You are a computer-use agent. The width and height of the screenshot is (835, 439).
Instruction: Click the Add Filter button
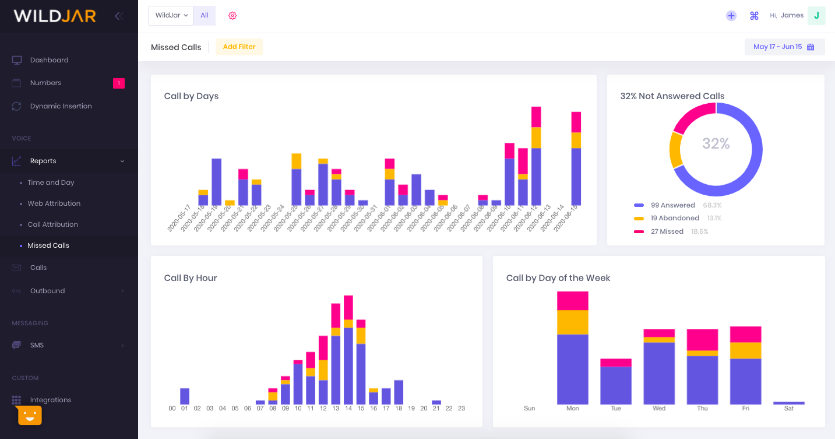coord(239,47)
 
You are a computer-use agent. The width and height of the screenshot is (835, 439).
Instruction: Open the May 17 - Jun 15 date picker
coord(784,47)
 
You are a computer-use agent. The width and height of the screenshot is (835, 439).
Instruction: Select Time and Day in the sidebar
coord(51,182)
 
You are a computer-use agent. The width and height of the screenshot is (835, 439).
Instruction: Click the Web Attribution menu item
coord(54,203)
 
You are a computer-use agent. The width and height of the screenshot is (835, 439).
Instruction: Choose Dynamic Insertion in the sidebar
coord(61,106)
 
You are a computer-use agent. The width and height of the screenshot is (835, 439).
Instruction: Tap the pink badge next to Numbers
coord(118,83)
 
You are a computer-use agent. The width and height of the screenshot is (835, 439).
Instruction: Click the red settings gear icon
coord(232,16)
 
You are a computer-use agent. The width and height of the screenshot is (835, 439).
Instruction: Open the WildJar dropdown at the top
coord(171,16)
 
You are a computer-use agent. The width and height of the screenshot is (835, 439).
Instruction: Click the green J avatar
coord(816,16)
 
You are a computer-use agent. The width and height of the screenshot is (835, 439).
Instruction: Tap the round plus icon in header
coord(731,16)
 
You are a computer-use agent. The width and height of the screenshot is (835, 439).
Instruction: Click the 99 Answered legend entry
coord(672,205)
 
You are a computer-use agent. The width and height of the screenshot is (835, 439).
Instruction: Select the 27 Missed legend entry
coord(667,231)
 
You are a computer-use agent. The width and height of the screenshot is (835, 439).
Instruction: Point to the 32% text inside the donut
coord(716,143)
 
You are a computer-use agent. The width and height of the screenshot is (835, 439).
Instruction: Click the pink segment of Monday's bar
coord(572,301)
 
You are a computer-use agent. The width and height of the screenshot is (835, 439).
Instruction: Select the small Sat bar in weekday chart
coord(788,403)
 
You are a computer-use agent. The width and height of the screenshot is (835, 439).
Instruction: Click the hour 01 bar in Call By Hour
coord(185,396)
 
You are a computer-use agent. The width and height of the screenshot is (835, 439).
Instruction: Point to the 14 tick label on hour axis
coord(348,409)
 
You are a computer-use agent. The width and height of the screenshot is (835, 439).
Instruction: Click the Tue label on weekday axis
coord(616,409)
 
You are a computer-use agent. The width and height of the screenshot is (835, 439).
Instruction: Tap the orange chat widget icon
coord(30,415)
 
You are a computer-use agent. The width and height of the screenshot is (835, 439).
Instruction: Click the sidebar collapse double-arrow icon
coord(119,16)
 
